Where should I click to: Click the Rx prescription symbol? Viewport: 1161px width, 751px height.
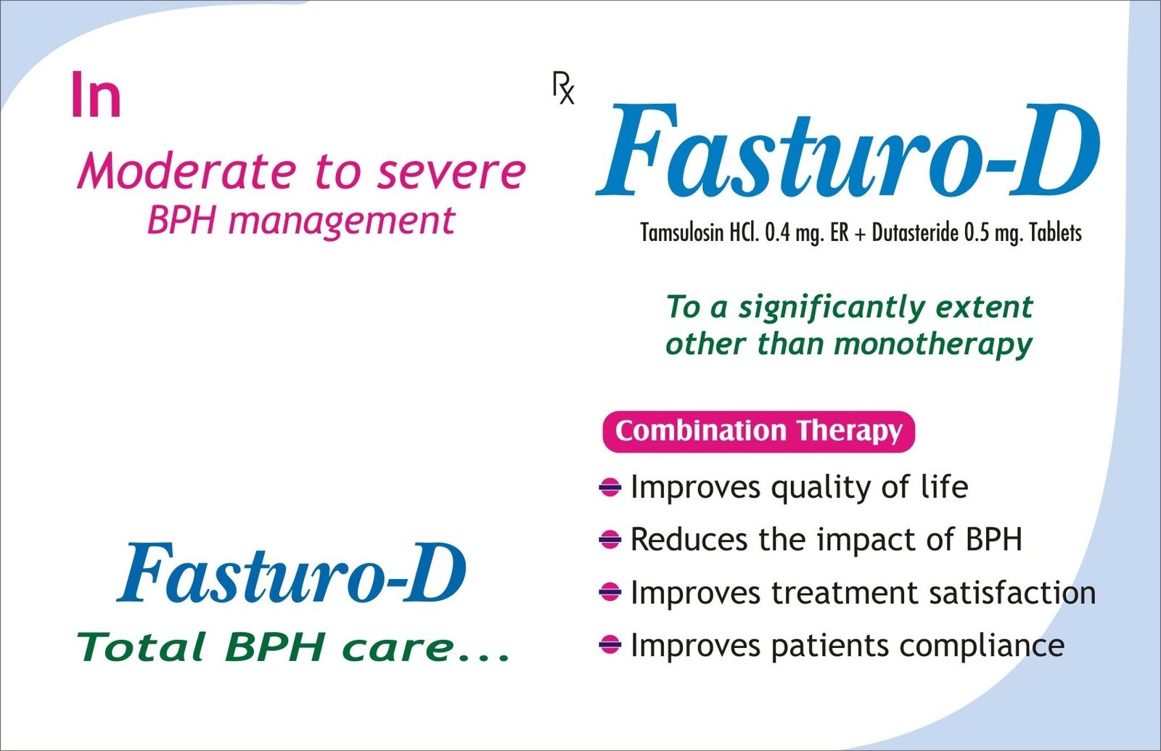click(563, 88)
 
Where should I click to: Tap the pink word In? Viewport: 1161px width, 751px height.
click(96, 95)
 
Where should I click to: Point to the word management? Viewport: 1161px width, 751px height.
click(342, 222)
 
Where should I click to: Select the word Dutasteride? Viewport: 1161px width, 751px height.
click(915, 233)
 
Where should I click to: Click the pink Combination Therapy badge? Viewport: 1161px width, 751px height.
click(759, 431)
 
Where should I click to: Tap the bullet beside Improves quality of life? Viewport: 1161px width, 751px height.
click(610, 487)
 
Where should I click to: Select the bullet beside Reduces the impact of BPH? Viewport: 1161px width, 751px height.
click(610, 540)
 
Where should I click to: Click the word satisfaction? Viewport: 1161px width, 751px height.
click(1012, 593)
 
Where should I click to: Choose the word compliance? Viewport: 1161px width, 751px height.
click(982, 647)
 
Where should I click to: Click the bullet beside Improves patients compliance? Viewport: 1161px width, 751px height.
click(610, 645)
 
